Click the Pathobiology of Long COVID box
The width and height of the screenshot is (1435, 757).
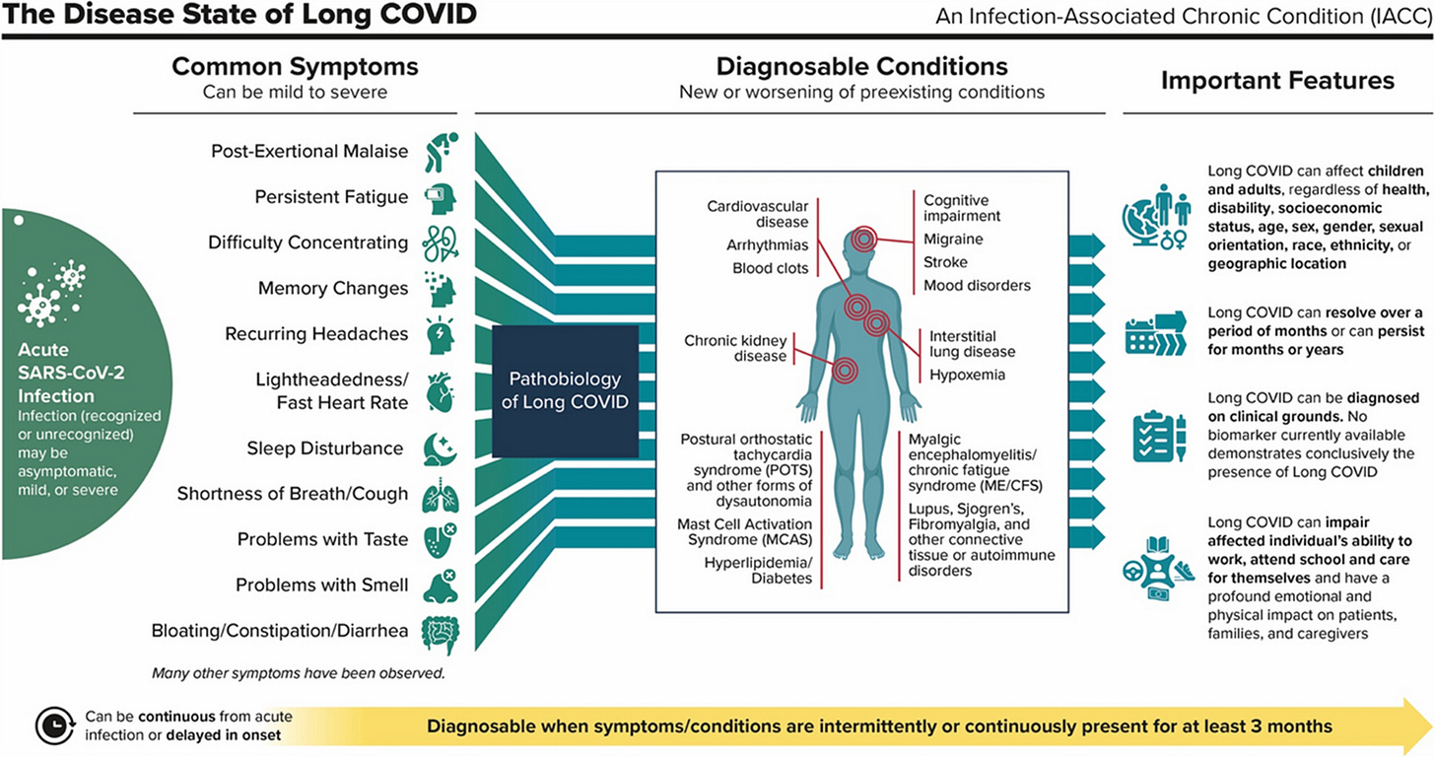tap(564, 391)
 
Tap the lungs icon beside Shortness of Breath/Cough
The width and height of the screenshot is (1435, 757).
tap(440, 495)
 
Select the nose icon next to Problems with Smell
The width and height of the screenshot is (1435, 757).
tap(440, 585)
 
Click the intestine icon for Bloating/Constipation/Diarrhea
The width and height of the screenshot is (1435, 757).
tap(440, 632)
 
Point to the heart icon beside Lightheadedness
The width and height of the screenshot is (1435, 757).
tap(440, 391)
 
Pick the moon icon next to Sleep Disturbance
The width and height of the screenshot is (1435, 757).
tap(440, 448)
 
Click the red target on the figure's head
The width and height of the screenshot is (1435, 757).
tap(864, 240)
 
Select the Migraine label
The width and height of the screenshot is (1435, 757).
tap(953, 239)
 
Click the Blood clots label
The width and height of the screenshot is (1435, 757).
tap(770, 268)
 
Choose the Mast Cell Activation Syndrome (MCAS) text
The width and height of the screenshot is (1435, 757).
tap(744, 533)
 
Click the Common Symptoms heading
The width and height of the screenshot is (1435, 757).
tap(295, 67)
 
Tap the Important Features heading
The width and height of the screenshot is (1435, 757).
tap(1277, 80)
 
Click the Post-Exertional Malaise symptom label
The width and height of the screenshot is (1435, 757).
tap(309, 152)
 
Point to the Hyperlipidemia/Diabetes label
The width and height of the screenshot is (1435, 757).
tap(758, 570)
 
